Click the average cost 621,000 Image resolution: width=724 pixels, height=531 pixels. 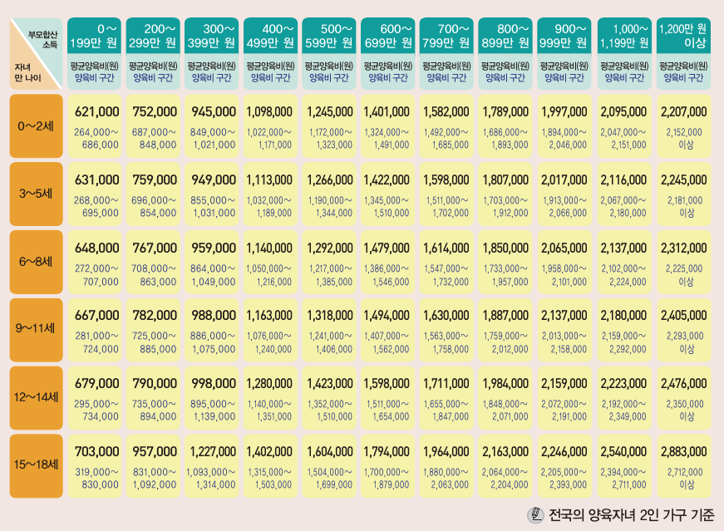click(96, 111)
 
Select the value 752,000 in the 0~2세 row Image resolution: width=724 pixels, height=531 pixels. click(155, 111)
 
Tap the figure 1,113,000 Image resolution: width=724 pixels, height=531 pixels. click(269, 179)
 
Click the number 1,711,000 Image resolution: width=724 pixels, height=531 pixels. click(446, 383)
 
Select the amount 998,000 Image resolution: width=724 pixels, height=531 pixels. click(214, 383)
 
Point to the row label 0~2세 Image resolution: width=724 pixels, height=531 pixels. click(37, 126)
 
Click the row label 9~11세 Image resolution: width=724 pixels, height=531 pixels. click(37, 330)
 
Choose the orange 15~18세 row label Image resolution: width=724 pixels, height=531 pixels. click(37, 465)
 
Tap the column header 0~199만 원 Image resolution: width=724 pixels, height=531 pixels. click(96, 35)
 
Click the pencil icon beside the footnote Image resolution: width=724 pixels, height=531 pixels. click(535, 514)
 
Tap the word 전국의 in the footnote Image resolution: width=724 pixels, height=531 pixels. click(569, 514)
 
